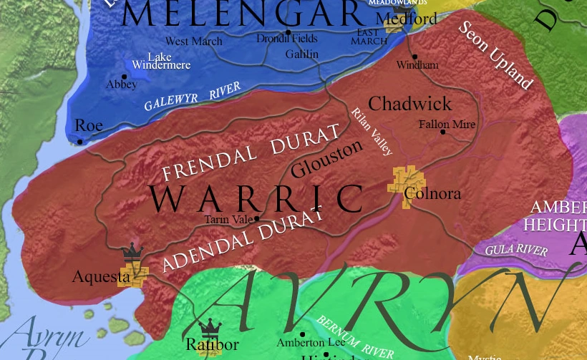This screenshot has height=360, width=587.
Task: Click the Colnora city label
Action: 432,194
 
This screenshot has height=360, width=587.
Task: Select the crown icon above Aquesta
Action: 132,253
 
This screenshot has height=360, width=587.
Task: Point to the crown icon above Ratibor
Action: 210,328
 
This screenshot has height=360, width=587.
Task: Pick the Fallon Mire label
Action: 447,124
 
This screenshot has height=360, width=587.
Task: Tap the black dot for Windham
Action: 414,57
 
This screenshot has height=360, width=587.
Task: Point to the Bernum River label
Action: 355,336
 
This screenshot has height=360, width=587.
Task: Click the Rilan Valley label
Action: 372,132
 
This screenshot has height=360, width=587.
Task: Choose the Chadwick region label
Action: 409,104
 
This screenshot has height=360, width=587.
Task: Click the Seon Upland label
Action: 495,55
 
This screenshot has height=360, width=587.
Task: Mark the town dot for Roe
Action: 80,142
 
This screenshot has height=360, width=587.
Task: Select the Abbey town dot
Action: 125,77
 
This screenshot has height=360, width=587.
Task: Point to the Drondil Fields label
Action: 286,39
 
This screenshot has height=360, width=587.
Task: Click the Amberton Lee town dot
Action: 302,334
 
